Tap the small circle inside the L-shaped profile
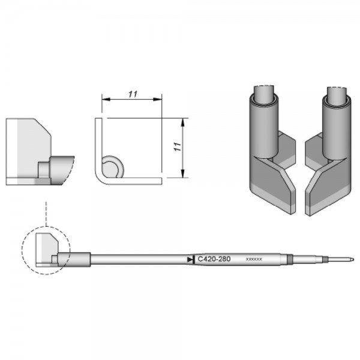[x=112, y=166]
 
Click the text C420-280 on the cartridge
[x=213, y=259]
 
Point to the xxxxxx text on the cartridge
[x=254, y=260]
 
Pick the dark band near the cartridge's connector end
[x=290, y=259]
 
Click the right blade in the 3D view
[x=326, y=187]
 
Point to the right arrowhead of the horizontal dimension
[x=160, y=98]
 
